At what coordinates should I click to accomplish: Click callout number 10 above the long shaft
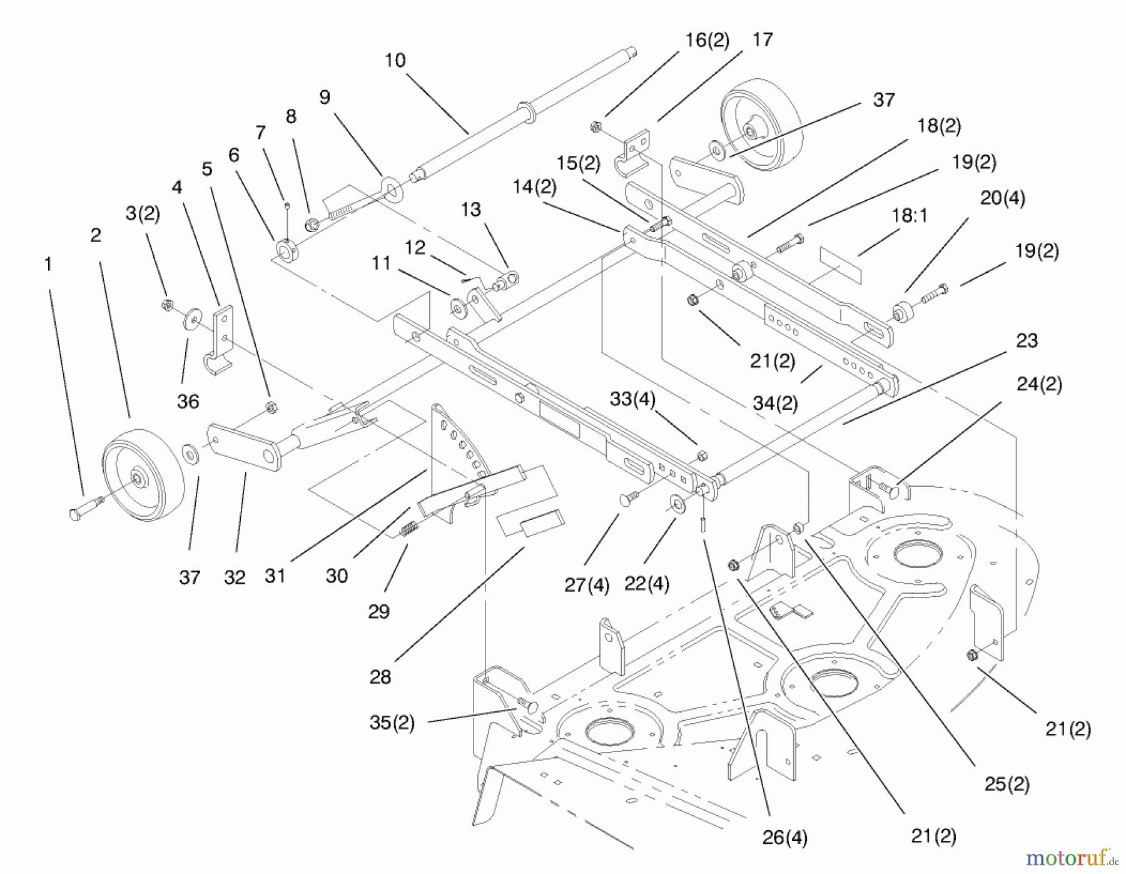tap(395, 61)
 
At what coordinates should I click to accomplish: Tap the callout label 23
tap(1027, 341)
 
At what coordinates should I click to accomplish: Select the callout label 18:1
tap(909, 216)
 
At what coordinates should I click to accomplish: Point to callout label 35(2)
tap(392, 723)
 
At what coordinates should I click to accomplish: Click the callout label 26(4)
tap(784, 838)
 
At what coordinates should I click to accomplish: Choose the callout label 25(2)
tap(1007, 784)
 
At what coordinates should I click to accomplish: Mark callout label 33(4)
tap(632, 399)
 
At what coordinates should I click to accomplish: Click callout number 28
tap(380, 676)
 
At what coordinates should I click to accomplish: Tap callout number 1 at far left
tap(48, 264)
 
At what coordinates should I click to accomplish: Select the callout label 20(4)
tap(1002, 198)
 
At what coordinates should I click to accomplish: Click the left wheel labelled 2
tap(143, 475)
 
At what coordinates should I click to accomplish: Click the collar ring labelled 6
tap(287, 251)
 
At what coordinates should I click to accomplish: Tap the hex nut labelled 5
tap(271, 408)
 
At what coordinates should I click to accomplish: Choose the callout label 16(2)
tap(707, 40)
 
